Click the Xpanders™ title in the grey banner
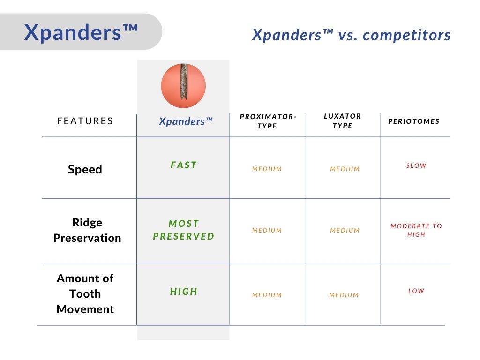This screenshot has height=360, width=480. pyautogui.click(x=81, y=32)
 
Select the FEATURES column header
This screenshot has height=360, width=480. pyautogui.click(x=85, y=121)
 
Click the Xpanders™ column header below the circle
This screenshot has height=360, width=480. pyautogui.click(x=186, y=121)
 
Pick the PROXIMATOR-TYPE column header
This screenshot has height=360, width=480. pyautogui.click(x=268, y=121)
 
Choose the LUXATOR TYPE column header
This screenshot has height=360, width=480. pyautogui.click(x=343, y=120)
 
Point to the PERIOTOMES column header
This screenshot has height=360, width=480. pyautogui.click(x=414, y=121)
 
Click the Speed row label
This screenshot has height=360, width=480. pyautogui.click(x=85, y=169)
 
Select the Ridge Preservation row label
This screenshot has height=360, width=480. pyautogui.click(x=87, y=230)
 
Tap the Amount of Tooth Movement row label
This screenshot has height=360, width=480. pyautogui.click(x=85, y=293)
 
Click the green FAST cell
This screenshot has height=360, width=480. pyautogui.click(x=184, y=165)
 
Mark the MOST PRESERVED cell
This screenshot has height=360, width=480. pyautogui.click(x=184, y=230)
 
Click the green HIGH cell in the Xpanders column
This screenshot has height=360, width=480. pyautogui.click(x=184, y=292)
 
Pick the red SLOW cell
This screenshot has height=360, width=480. pyautogui.click(x=416, y=165)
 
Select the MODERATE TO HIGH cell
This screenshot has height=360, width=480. pyautogui.click(x=416, y=230)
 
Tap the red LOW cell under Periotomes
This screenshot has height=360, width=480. pyautogui.click(x=416, y=291)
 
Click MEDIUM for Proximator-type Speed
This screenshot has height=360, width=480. pyautogui.click(x=267, y=169)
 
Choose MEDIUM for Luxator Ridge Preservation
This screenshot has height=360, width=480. pyautogui.click(x=345, y=230)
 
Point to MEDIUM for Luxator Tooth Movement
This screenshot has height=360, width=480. pyautogui.click(x=344, y=295)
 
